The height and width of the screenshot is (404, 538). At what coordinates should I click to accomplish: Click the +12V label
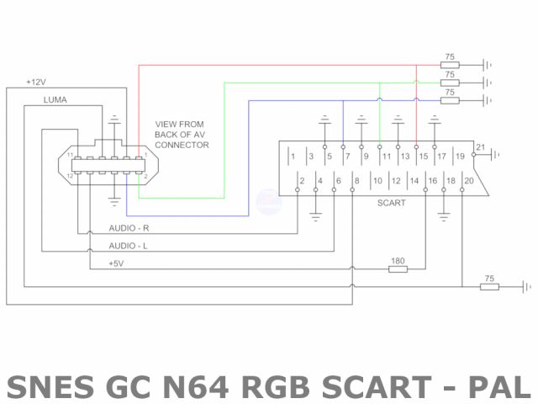(36, 82)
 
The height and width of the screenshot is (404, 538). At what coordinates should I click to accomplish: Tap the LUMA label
(55, 100)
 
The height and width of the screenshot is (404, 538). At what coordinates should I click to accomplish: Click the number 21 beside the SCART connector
(480, 148)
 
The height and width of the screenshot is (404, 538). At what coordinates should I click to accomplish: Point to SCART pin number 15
(423, 157)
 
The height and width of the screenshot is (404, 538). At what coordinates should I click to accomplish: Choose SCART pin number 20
(469, 181)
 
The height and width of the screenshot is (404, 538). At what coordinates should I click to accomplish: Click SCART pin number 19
(460, 157)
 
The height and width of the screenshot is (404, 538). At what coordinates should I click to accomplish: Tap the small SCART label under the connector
(391, 203)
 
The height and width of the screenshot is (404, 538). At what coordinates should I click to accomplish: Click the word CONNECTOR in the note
(182, 145)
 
